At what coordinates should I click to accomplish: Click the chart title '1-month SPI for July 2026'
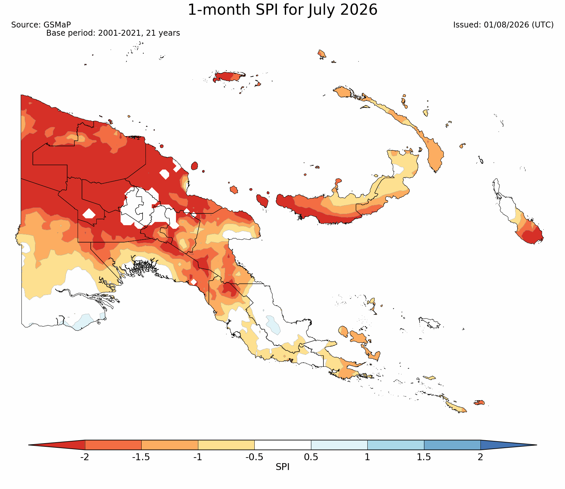282,10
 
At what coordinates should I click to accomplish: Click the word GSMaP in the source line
57,25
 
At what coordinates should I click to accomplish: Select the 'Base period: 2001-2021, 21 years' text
113,33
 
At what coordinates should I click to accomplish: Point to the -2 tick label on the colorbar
85,457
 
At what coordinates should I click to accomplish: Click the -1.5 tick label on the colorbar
141,457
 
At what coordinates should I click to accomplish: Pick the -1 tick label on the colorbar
198,457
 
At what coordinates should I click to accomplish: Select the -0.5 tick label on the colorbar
254,457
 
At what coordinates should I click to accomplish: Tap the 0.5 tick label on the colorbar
311,457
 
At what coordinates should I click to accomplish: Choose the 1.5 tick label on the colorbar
424,457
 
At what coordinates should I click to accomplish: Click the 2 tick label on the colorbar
480,457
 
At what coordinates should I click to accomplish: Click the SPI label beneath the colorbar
282,467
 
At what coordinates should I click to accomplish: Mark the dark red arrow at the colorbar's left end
57,445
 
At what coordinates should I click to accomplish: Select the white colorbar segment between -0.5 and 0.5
283,445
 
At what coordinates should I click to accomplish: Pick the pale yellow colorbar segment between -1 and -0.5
226,445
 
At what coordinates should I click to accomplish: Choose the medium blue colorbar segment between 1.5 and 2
452,445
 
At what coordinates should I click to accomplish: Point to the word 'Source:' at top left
26,25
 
